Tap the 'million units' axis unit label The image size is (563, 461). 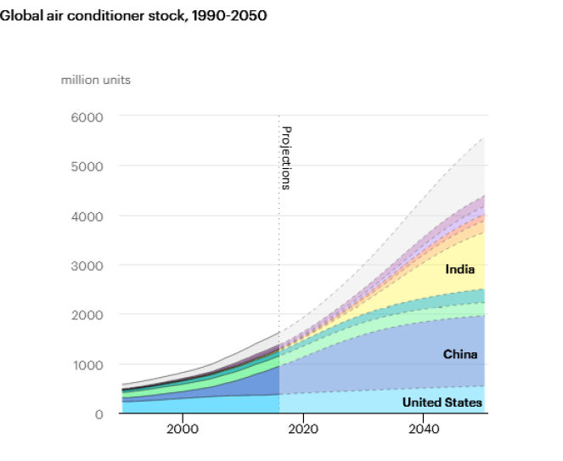(x=95, y=80)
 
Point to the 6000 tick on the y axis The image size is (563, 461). (x=87, y=116)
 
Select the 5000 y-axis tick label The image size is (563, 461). (x=87, y=166)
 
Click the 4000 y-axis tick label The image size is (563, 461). (x=87, y=216)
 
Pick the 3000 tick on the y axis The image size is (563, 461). (x=87, y=265)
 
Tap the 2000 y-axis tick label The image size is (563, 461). (x=87, y=315)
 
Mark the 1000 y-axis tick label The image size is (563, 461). (x=87, y=364)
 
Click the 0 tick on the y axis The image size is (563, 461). (x=99, y=413)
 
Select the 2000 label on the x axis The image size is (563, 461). (x=182, y=430)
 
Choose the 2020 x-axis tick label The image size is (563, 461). (x=302, y=430)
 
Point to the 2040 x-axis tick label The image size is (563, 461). (x=423, y=430)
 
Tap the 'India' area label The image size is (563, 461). (x=459, y=270)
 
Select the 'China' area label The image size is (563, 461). (x=460, y=354)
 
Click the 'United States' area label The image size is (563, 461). (x=442, y=402)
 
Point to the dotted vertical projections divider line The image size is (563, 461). (x=279, y=255)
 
